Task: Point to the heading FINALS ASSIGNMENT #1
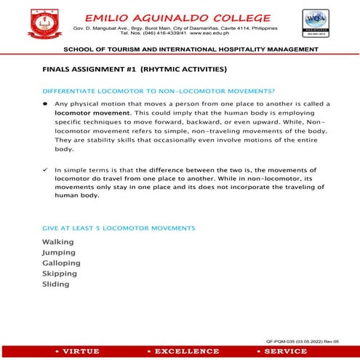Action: (x=135, y=69)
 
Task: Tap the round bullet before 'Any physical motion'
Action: (x=46, y=105)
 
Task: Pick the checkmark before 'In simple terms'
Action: (x=45, y=169)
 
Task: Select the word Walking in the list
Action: (x=58, y=241)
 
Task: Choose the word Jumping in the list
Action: (x=59, y=252)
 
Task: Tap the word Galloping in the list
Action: (x=62, y=263)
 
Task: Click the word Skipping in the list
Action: (x=60, y=273)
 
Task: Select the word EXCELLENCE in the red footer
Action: (x=182, y=351)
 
